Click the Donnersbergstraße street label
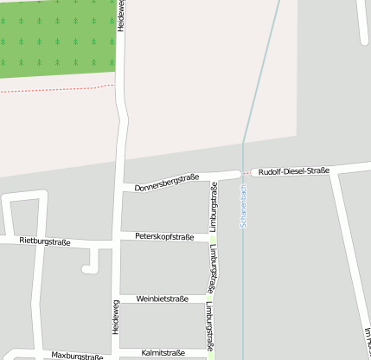[166, 183]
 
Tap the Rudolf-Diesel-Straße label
[294, 171]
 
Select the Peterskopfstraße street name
[164, 236]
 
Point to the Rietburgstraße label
[43, 241]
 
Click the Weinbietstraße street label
[163, 299]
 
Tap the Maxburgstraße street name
[76, 355]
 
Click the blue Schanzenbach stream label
[245, 205]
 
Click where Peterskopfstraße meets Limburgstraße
[212, 237]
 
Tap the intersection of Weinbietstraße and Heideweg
[116, 299]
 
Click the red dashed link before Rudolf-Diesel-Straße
[249, 172]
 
